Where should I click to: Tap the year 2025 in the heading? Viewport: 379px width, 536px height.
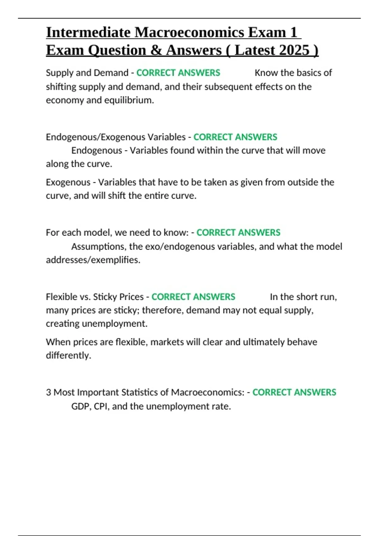pyautogui.click(x=294, y=50)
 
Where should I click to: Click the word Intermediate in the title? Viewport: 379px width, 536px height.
pyautogui.click(x=88, y=32)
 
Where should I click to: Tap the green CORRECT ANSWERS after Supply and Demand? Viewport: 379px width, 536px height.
pyautogui.click(x=178, y=73)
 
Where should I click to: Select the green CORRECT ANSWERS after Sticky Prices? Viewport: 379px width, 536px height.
pyautogui.click(x=193, y=297)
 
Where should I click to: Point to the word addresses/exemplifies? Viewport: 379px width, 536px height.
pyautogui.click(x=93, y=260)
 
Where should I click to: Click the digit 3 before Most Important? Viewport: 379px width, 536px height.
pyautogui.click(x=48, y=393)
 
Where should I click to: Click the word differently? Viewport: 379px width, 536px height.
pyautogui.click(x=68, y=356)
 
